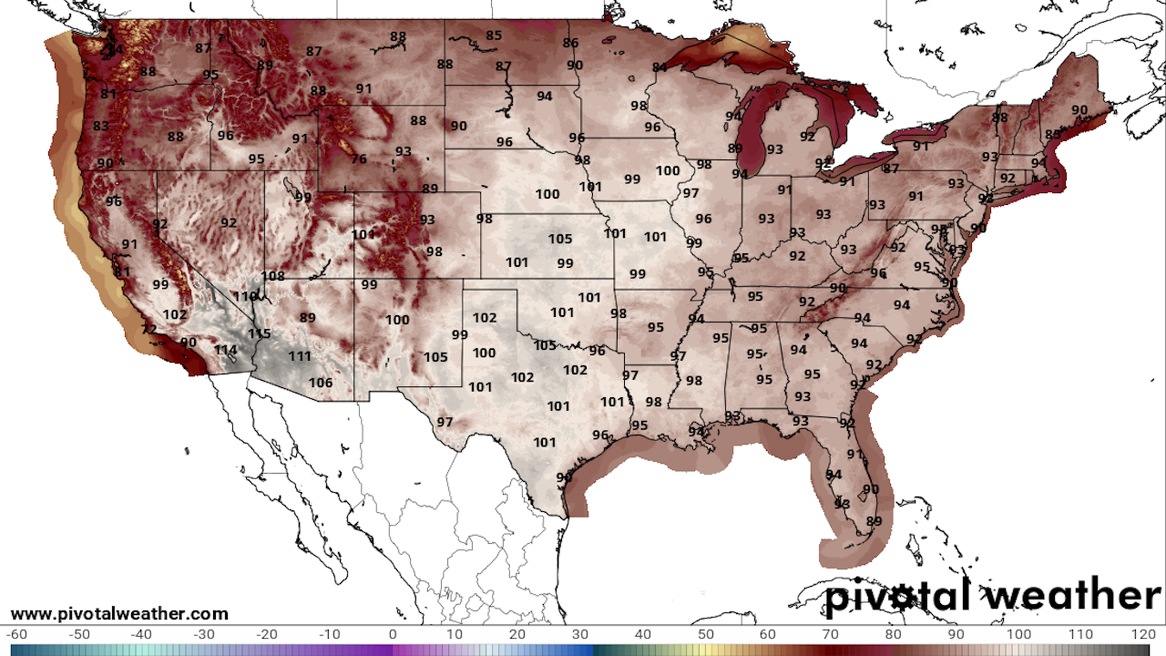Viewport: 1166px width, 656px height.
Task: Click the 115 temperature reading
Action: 259,333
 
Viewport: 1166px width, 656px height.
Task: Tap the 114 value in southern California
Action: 225,350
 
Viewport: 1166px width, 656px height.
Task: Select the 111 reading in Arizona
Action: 299,357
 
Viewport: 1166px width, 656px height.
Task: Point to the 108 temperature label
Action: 273,276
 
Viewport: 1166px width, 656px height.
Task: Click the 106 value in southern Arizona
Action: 320,383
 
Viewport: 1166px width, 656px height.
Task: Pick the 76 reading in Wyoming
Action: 359,159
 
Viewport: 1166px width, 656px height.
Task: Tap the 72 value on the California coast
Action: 149,330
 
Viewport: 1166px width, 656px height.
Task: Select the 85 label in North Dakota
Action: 494,36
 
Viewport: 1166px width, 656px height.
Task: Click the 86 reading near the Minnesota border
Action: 570,43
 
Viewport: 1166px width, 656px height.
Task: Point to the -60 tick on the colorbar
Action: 16,635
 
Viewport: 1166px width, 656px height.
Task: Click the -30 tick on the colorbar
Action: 203,635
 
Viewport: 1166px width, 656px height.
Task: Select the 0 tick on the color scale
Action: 393,635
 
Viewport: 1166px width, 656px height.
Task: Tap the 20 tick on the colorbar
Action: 517,635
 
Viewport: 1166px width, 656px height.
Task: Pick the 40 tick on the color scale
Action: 643,635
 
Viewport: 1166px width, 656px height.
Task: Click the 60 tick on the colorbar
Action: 768,635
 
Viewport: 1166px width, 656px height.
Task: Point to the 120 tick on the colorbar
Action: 1143,635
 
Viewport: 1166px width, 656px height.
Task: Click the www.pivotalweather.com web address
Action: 119,614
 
